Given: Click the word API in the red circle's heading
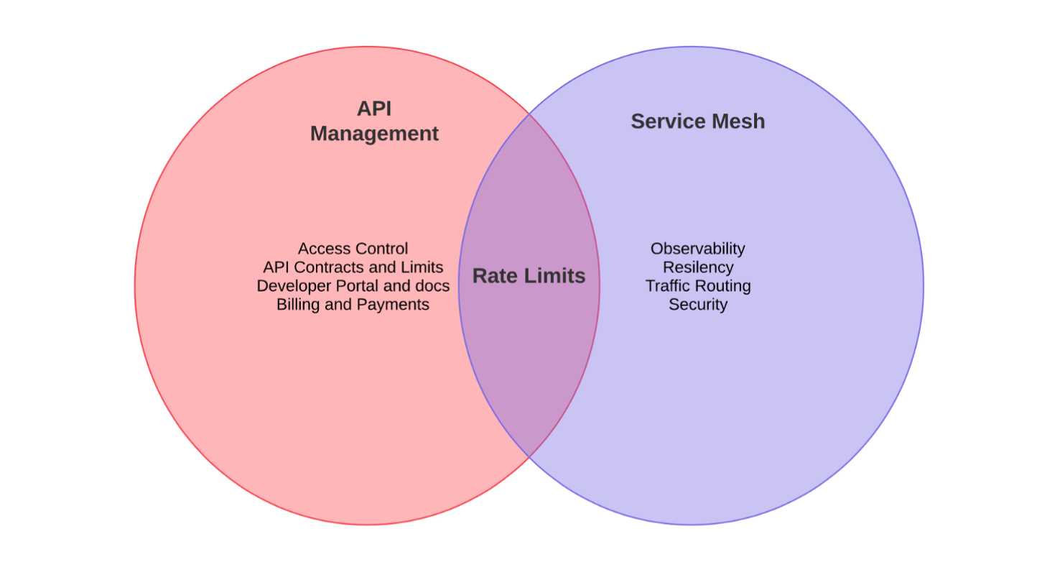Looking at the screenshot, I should click(374, 109).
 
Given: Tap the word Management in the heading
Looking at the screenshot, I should click(374, 134).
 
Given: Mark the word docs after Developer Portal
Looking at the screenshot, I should click(433, 286).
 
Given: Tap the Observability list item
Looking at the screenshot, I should click(697, 249).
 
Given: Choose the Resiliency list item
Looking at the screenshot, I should click(697, 267).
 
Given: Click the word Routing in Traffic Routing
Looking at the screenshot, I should click(724, 286).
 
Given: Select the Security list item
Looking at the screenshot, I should click(697, 305).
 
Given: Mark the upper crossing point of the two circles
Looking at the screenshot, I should click(529, 114).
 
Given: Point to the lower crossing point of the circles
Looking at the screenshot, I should click(529, 457).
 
